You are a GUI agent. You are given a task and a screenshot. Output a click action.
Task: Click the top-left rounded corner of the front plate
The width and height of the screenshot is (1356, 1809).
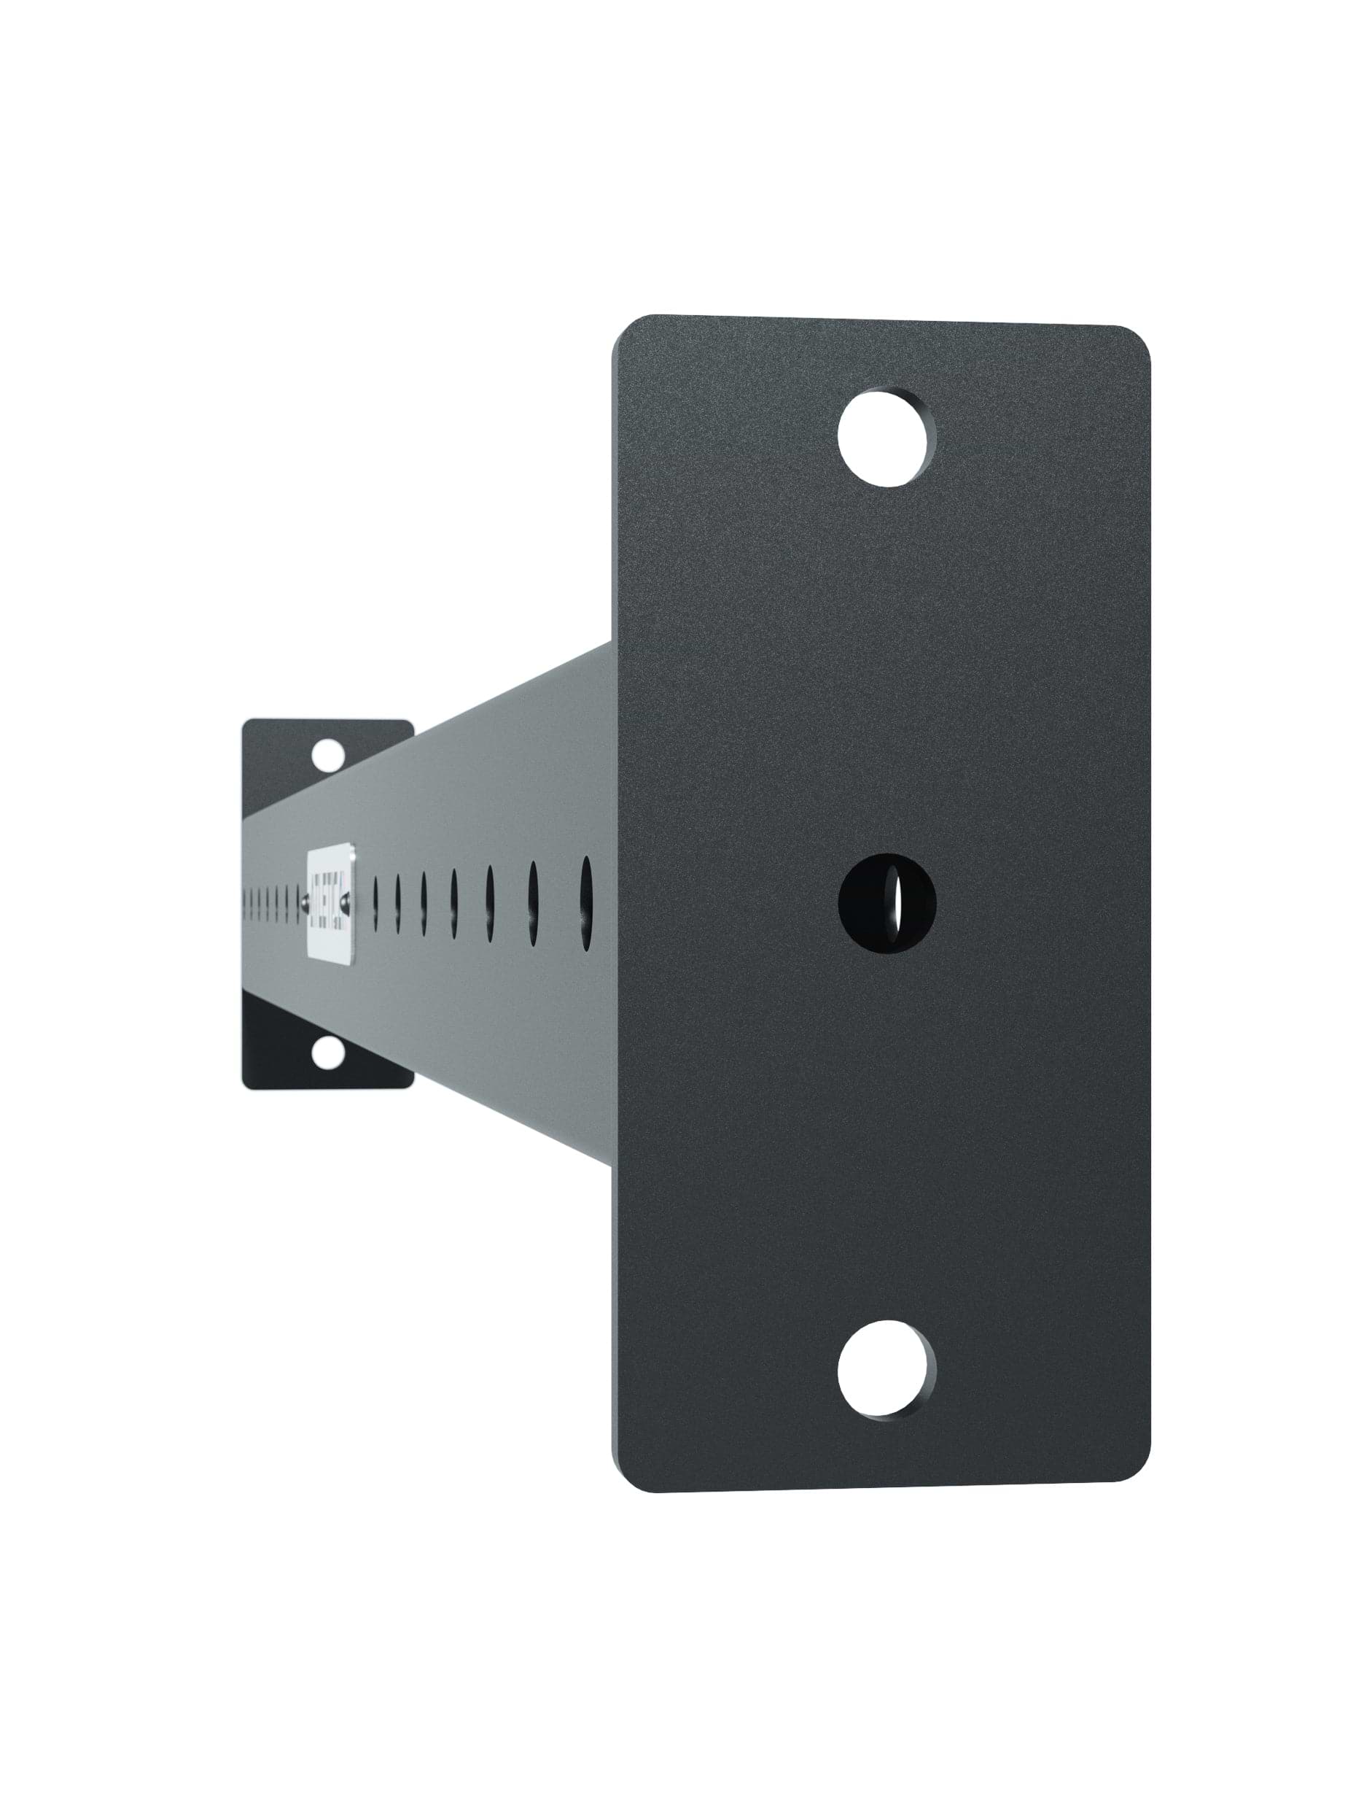click(x=626, y=329)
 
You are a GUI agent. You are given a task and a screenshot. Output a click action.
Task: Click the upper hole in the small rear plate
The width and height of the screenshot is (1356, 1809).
click(x=329, y=754)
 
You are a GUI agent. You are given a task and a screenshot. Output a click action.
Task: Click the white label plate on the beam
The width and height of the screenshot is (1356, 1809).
click(x=331, y=903)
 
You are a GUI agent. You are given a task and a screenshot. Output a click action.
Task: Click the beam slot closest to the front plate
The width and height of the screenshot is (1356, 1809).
click(x=586, y=903)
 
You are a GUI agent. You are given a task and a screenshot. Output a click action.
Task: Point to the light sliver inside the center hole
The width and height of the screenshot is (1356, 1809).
click(x=896, y=903)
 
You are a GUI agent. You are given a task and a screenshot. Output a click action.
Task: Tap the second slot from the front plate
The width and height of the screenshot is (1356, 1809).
click(x=533, y=903)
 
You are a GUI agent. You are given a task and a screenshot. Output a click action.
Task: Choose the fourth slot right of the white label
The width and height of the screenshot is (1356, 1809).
click(x=453, y=903)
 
